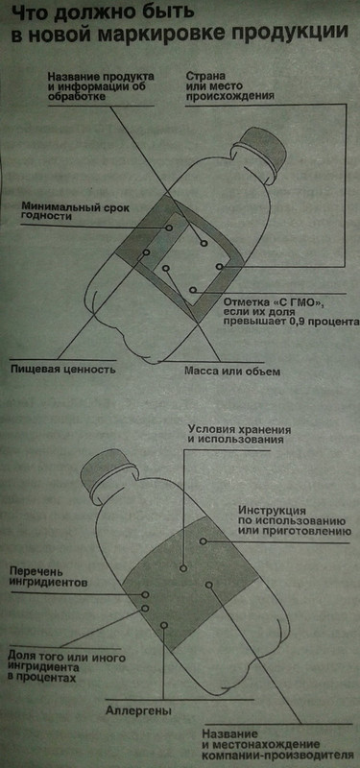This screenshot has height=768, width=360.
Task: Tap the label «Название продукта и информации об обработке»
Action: pyautogui.click(x=90, y=83)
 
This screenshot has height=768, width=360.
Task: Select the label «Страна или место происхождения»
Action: pyautogui.click(x=229, y=84)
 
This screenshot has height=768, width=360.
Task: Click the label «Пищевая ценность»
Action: pyautogui.click(x=62, y=368)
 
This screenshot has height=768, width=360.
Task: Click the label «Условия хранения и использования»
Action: pyautogui.click(x=234, y=432)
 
